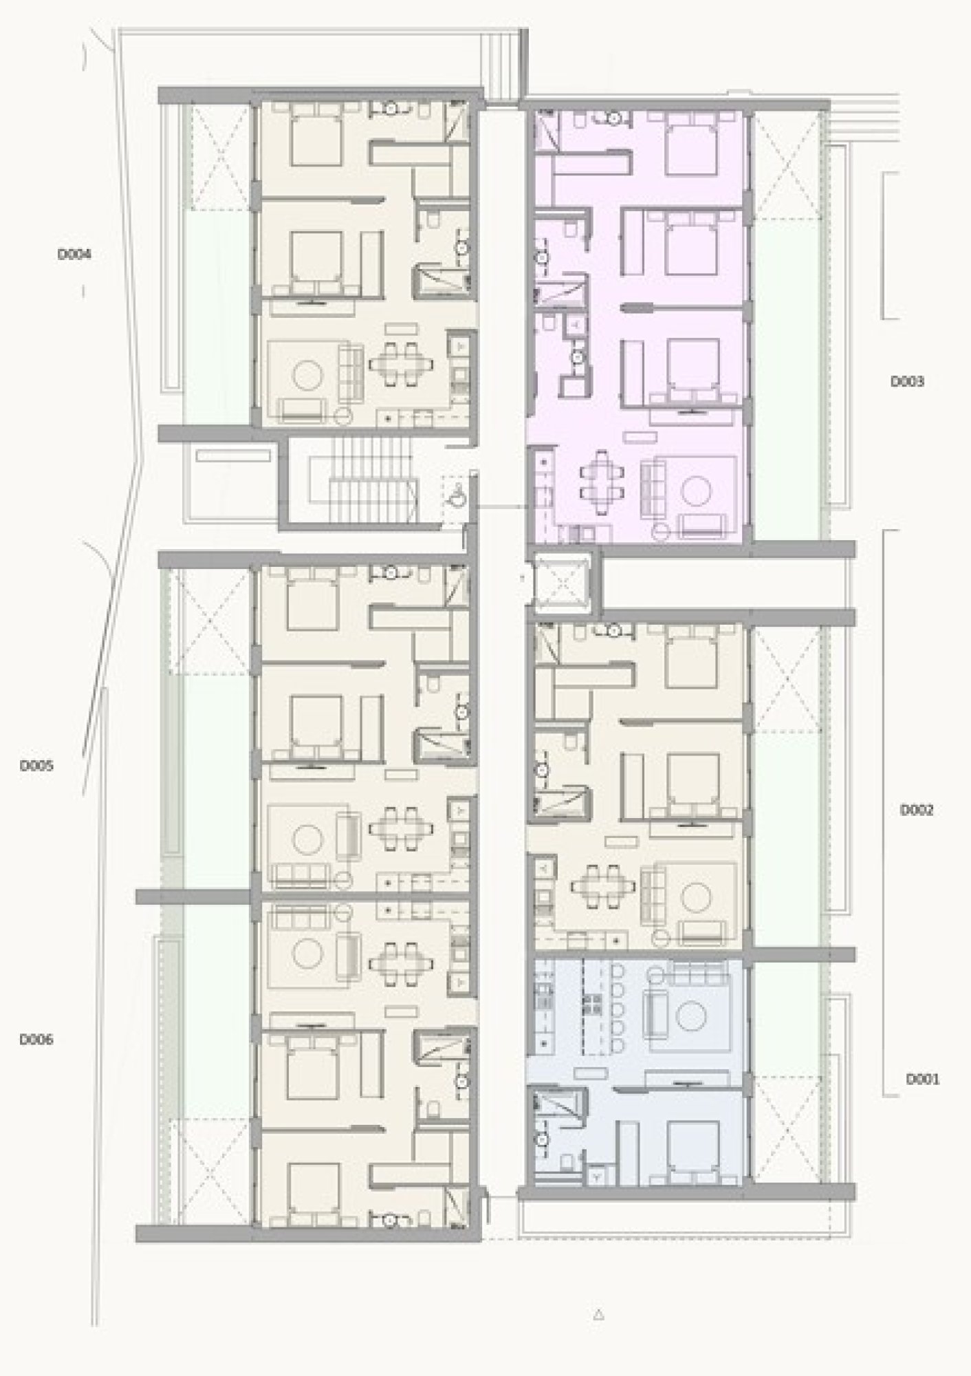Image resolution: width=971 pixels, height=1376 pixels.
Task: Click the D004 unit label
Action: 74,255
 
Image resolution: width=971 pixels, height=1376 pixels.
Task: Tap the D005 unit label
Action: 36,765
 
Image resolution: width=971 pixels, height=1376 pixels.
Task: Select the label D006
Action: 36,1040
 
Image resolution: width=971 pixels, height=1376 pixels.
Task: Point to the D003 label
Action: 907,381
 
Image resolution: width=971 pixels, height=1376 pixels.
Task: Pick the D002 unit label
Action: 917,810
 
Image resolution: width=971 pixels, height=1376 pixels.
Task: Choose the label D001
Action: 922,1079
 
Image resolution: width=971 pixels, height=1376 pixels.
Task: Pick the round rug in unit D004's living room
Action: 308,376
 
